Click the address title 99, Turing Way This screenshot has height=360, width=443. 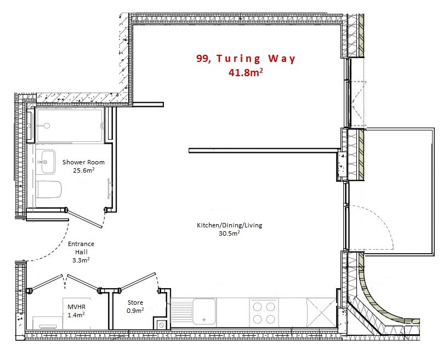point(246,59)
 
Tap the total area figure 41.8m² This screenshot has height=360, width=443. point(246,72)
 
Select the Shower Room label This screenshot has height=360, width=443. point(83,162)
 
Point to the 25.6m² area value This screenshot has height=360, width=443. point(84,170)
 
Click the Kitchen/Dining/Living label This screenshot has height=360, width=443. point(229,225)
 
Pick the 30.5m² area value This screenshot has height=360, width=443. point(229,233)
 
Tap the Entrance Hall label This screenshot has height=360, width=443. point(81,248)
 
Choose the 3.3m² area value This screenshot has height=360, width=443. point(81,260)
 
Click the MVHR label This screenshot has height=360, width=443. point(76,307)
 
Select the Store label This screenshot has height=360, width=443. point(135,302)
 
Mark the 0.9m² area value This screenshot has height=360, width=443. point(135,310)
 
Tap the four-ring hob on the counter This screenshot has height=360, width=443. point(264,313)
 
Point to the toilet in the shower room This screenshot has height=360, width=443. point(49,190)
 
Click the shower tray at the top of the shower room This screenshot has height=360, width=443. point(69,125)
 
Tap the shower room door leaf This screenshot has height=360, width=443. point(84,218)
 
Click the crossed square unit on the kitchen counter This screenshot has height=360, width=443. point(321,313)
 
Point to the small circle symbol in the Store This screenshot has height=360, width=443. point(162,325)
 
